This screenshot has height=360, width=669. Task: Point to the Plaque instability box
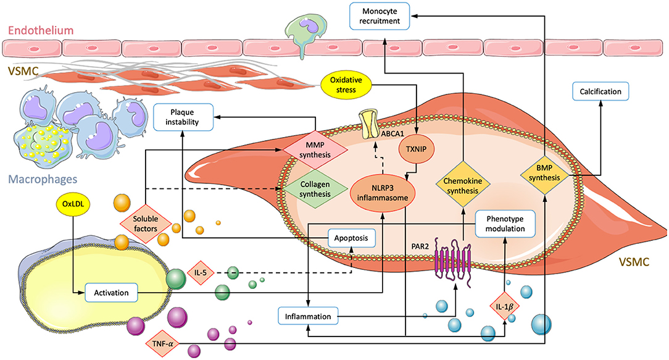183,117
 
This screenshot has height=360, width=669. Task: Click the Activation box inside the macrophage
111,292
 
